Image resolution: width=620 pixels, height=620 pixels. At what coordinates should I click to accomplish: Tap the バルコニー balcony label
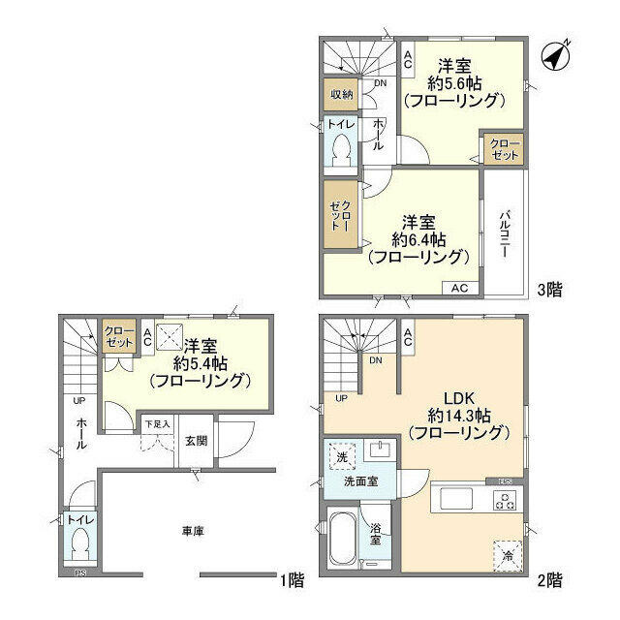tap(506, 233)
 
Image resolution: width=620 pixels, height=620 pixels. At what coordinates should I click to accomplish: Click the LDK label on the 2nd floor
tap(456, 398)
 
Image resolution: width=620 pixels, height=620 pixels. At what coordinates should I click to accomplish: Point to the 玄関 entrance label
tap(196, 440)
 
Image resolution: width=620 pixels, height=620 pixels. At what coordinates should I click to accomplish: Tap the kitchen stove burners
tap(504, 501)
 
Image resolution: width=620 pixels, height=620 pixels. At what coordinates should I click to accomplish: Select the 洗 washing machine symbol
tap(341, 455)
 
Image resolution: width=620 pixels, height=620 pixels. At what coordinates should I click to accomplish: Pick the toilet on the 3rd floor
tap(341, 150)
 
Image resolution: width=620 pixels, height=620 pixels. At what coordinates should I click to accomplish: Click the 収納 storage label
tap(341, 94)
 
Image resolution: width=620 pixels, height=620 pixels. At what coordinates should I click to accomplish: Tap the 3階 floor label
tap(548, 288)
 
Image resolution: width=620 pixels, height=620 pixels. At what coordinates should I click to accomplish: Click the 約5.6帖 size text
tap(453, 83)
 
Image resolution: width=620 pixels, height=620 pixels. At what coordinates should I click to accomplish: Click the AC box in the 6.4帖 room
tap(459, 288)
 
